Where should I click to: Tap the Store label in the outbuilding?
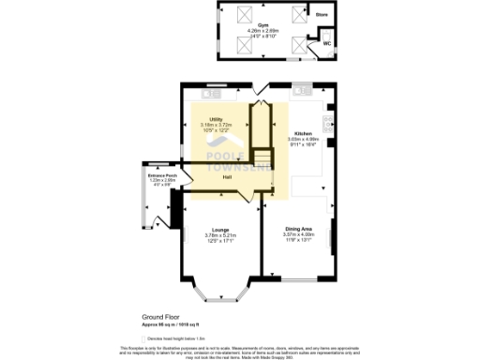321,15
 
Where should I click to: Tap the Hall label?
227,177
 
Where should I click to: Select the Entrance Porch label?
157,175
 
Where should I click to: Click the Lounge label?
221,229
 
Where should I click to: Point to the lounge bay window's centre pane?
222,302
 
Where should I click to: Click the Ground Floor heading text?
160,319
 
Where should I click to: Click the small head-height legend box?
143,338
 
